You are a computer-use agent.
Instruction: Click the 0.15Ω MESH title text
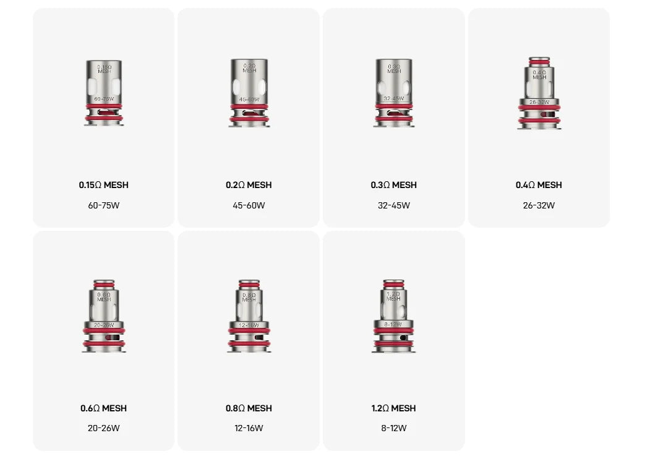click(x=103, y=185)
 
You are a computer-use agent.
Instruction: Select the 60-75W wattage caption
click(x=103, y=205)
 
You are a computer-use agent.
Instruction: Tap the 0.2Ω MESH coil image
click(x=249, y=93)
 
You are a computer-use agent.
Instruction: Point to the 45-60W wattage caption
click(x=249, y=205)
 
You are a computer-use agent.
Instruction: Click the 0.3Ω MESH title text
click(x=393, y=185)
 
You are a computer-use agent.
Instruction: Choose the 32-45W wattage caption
click(x=393, y=205)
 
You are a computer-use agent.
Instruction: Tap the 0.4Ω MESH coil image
click(x=539, y=93)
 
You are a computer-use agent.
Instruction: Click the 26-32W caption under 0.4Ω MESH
click(x=539, y=205)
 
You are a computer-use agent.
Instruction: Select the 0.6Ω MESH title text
click(x=103, y=408)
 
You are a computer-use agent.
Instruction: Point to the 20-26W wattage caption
click(x=103, y=428)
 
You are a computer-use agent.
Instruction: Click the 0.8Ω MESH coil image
click(x=249, y=316)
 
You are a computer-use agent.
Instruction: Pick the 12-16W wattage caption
click(x=249, y=428)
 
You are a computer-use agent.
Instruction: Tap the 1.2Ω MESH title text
click(x=393, y=408)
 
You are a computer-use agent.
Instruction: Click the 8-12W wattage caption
click(x=393, y=428)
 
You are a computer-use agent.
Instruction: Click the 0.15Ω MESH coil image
click(x=103, y=93)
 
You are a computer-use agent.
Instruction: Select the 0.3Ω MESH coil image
click(x=393, y=93)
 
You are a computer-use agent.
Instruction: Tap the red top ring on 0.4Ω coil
click(x=539, y=62)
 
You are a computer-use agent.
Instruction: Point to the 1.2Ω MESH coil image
click(x=393, y=316)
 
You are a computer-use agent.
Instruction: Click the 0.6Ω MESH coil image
click(x=103, y=316)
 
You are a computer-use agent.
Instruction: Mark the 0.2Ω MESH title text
click(x=249, y=185)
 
